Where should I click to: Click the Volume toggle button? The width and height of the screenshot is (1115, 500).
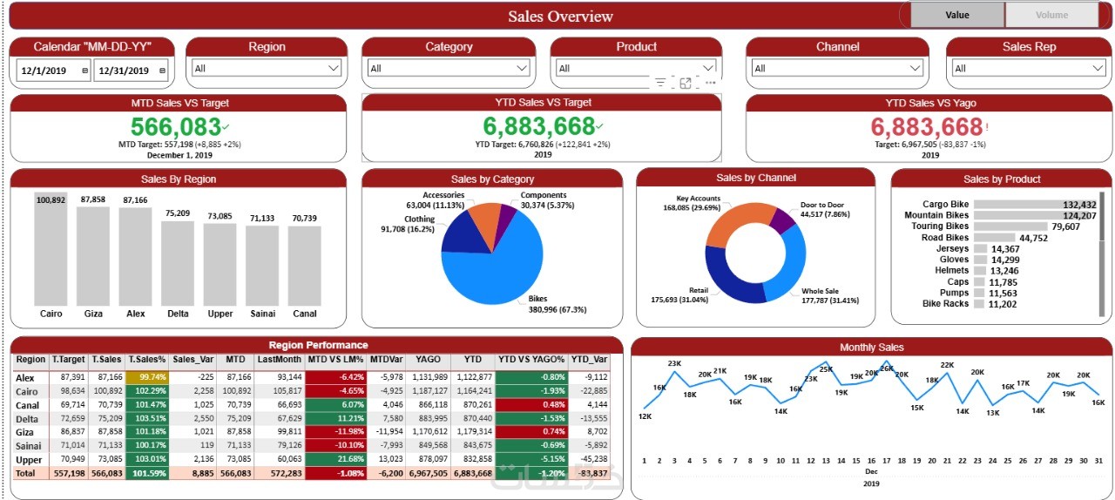pos(1051,15)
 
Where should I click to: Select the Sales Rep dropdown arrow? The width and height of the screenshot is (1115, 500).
pos(1098,68)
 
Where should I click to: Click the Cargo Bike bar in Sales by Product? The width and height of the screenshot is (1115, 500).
pos(1035,205)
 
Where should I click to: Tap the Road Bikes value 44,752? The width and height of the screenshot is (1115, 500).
pos(1033,238)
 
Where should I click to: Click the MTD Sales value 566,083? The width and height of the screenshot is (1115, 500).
pos(175,127)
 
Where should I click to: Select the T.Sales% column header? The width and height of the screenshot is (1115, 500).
pos(146,360)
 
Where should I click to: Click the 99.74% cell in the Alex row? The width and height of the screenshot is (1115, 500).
pos(146,377)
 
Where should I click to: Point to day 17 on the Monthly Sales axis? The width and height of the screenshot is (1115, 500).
pos(886,461)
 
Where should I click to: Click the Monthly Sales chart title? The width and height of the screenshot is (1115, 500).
pos(871,348)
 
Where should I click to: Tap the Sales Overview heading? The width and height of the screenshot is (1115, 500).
pos(560,16)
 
